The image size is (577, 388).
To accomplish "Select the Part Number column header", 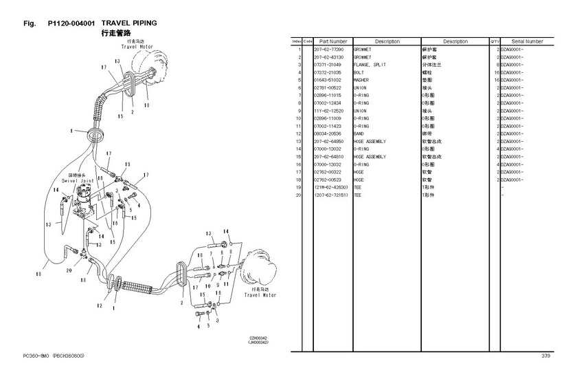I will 333,41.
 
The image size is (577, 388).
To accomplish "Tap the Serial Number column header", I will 527,41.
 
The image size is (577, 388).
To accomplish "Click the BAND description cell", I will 359,133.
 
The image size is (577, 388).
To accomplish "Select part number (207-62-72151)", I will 332,195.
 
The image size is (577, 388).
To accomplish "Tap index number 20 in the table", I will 299,195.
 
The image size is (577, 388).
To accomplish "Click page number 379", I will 545,356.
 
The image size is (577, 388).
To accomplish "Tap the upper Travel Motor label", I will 138,47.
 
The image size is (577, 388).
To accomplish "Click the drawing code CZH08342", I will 258,338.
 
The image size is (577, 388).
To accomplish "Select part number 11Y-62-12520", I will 330,111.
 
